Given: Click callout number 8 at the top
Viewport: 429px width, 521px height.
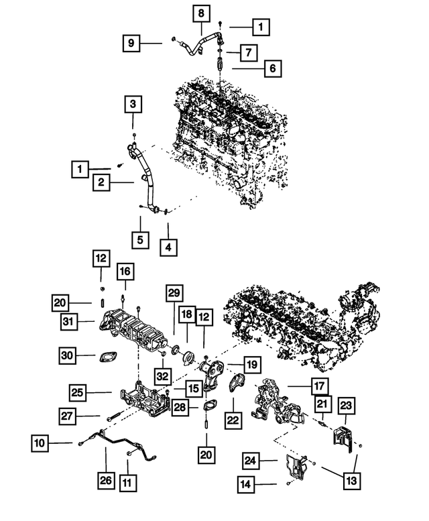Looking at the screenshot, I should coord(200,12).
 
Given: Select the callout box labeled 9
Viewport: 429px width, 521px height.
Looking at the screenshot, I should coord(132,44).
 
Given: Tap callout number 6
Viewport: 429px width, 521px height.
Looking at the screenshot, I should coord(272,68).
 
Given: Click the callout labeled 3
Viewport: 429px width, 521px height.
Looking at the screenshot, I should coord(133,104).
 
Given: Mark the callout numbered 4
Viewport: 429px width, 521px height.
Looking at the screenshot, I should coord(169,247).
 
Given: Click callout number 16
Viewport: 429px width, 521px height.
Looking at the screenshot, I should coord(125,271).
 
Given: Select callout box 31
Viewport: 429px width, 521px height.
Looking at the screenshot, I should coord(67,323).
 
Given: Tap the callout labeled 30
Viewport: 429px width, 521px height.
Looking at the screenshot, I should coord(67,356).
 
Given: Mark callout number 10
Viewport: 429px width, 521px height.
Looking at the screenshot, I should coord(40,443).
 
